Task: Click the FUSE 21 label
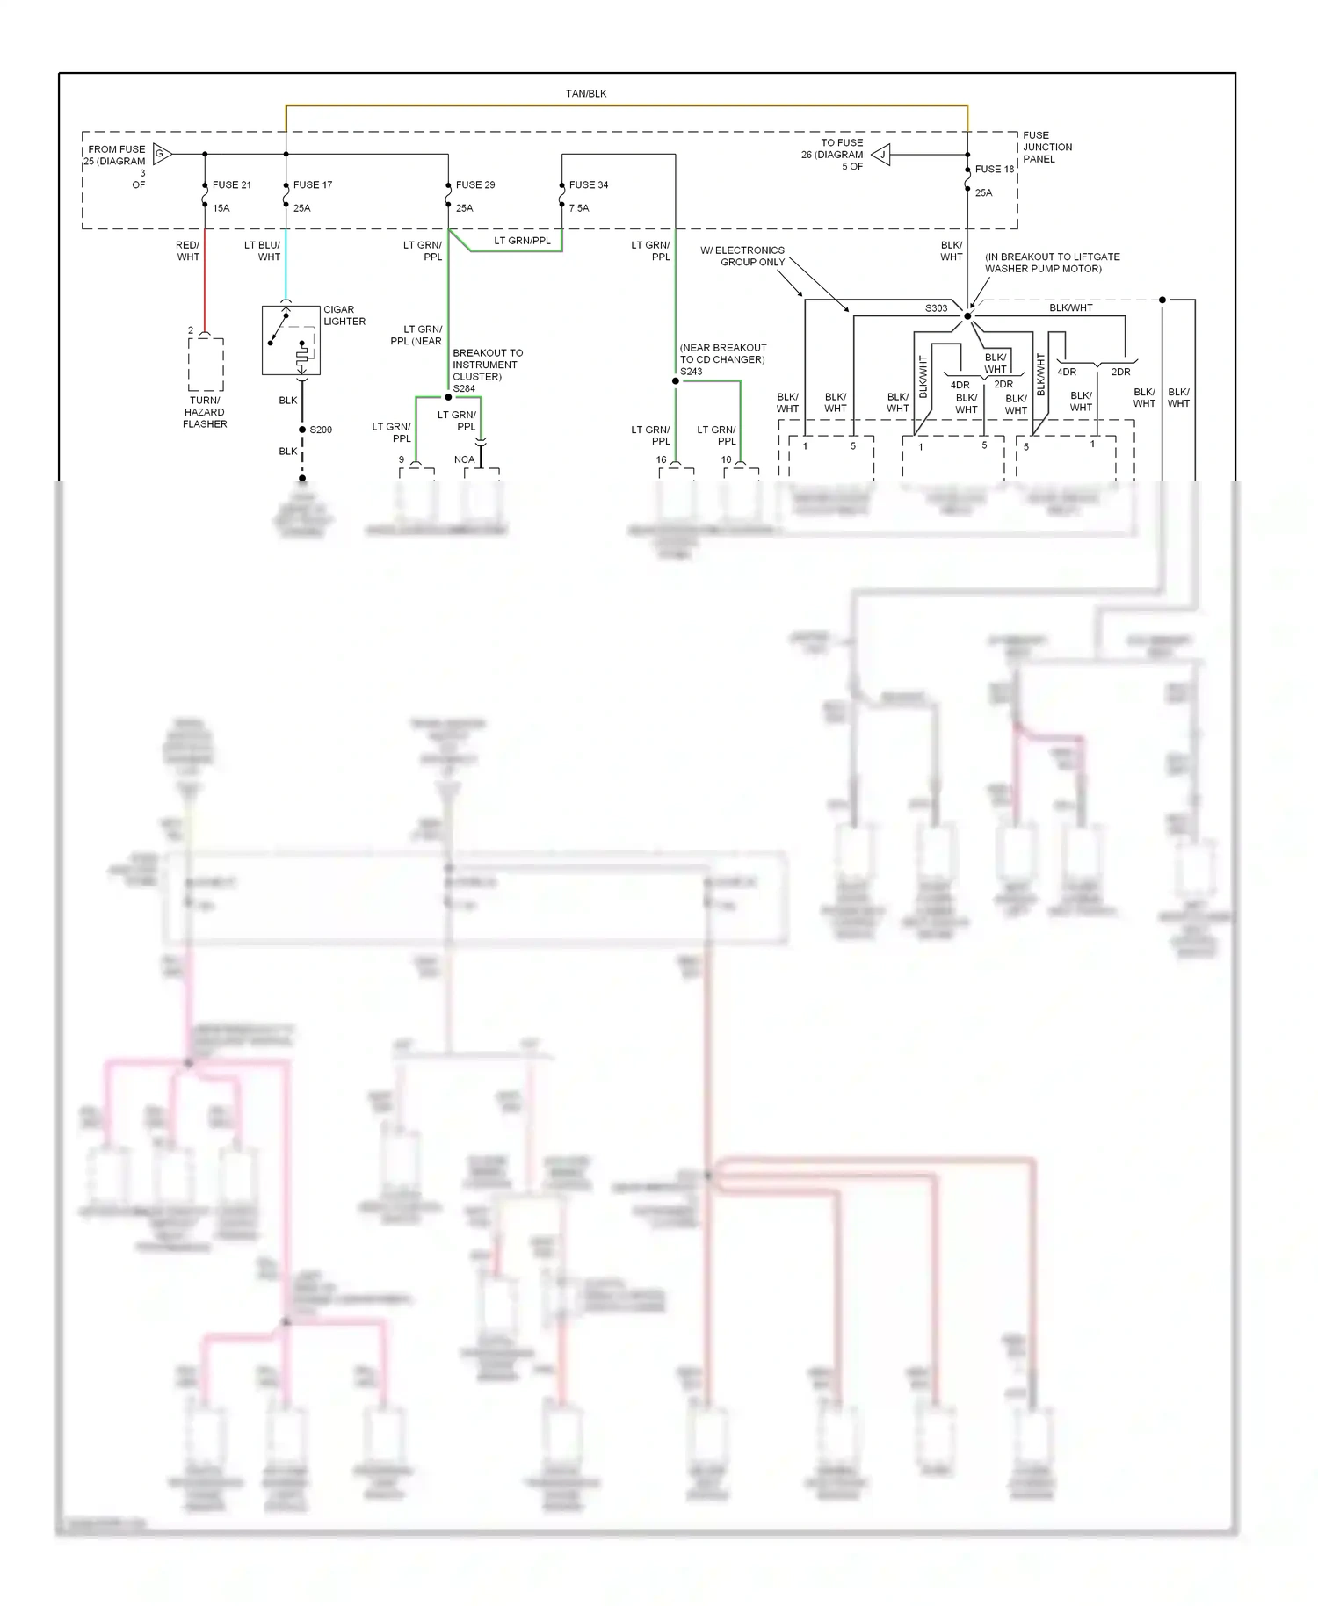click(x=231, y=184)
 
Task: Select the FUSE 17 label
click(x=312, y=184)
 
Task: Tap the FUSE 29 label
click(x=474, y=184)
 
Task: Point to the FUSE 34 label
click(x=588, y=184)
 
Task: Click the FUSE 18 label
click(x=994, y=169)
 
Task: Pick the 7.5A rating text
click(x=578, y=208)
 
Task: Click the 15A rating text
click(x=221, y=208)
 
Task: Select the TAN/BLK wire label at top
click(x=586, y=93)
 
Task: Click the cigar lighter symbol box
click(x=291, y=341)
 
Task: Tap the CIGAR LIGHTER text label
click(x=344, y=315)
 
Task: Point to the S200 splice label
click(x=321, y=430)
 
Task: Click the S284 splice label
click(x=464, y=388)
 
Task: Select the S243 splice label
click(x=691, y=371)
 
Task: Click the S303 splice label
click(x=936, y=308)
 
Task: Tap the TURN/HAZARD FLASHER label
click(x=205, y=412)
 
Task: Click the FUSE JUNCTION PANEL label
click(x=1046, y=147)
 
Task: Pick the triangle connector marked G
click(x=162, y=154)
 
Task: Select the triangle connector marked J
click(x=881, y=156)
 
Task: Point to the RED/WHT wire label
click(x=188, y=251)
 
